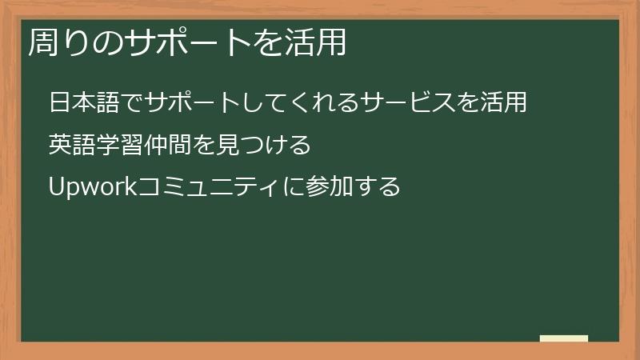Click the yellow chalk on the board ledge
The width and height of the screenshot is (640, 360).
click(x=563, y=338)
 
